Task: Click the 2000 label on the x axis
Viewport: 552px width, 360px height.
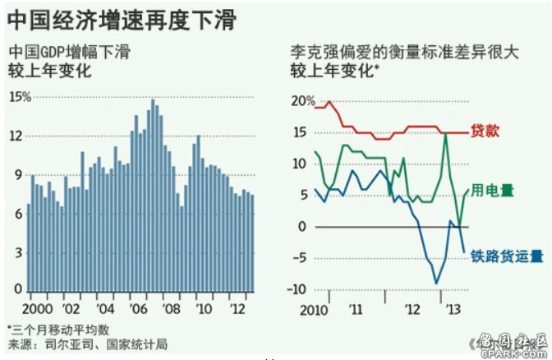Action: click(39, 308)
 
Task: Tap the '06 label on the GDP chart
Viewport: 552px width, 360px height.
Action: click(138, 308)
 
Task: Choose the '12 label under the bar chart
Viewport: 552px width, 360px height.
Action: click(237, 308)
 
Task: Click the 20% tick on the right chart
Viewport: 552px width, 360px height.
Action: click(301, 101)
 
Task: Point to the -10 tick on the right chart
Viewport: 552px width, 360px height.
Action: click(300, 288)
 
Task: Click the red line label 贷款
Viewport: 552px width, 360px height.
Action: click(484, 131)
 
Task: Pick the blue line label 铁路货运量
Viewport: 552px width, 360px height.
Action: click(507, 256)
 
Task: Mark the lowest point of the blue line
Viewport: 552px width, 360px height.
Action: click(436, 284)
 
